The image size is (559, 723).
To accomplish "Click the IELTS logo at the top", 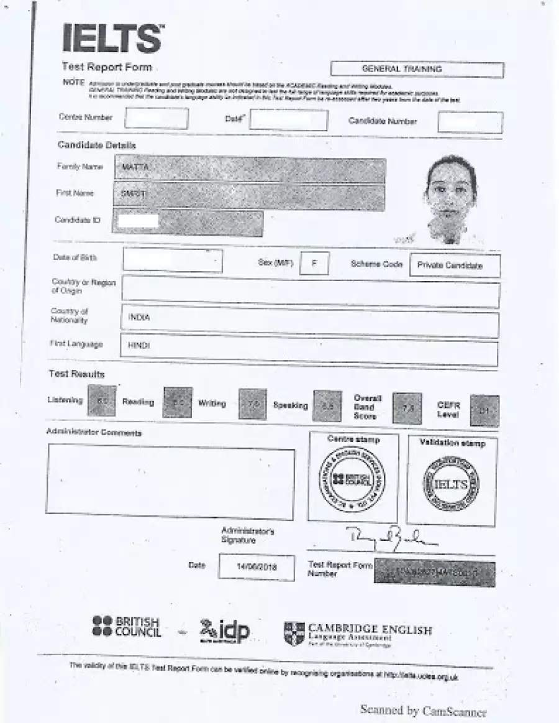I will (113, 39).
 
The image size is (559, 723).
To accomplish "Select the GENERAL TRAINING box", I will (417, 69).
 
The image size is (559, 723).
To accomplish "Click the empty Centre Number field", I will (156, 118).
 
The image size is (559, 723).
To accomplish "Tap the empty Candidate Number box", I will (470, 122).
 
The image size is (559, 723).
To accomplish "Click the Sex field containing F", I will (314, 263).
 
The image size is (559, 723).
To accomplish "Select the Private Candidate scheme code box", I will (455, 265).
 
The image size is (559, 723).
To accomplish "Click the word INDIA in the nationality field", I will (139, 318).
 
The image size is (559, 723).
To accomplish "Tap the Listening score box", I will (102, 402).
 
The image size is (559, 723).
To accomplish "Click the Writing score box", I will (252, 404).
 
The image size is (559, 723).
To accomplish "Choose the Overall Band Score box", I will (407, 408).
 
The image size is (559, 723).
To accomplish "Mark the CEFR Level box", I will (484, 411).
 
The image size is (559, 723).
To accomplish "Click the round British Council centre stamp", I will (352, 479).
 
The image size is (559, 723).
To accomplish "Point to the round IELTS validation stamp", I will (451, 484).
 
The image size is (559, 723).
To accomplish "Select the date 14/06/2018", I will (257, 568).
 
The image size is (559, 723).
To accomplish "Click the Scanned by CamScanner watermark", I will (423, 711).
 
